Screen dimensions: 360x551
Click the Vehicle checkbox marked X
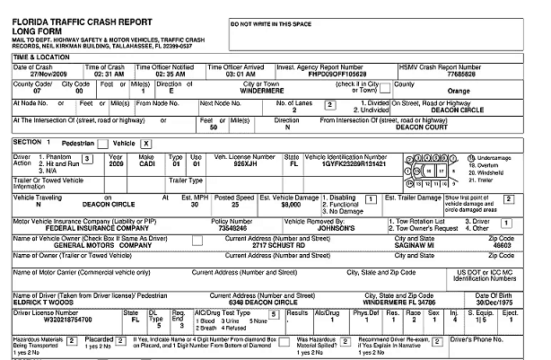[145, 144]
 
